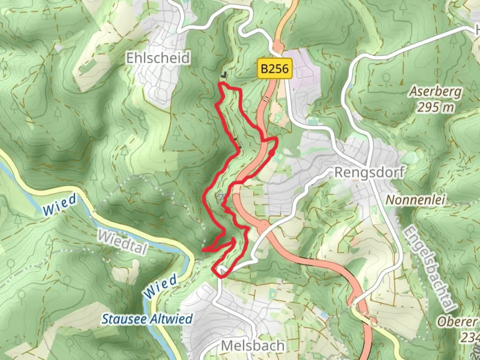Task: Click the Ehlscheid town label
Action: [x=158, y=58]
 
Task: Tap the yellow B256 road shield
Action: [x=274, y=69]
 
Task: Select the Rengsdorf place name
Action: [x=369, y=173]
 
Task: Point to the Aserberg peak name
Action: [x=436, y=91]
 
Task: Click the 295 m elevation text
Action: [x=436, y=107]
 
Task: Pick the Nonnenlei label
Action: [x=415, y=200]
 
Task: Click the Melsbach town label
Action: [x=253, y=346]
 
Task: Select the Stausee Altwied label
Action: [x=147, y=319]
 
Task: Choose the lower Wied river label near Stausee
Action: [x=160, y=286]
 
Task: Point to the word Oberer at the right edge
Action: [x=457, y=322]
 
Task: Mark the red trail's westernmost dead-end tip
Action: [x=203, y=250]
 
